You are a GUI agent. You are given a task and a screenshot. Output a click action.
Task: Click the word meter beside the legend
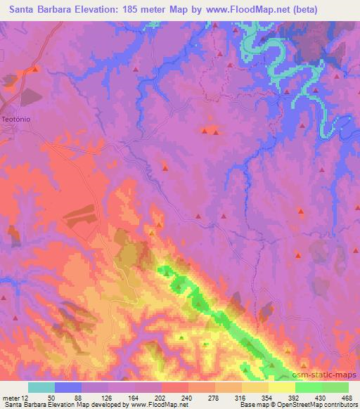[10, 397]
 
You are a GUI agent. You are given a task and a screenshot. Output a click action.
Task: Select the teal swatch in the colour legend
[41, 387]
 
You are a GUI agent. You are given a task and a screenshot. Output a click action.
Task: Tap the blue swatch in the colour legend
[68, 387]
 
